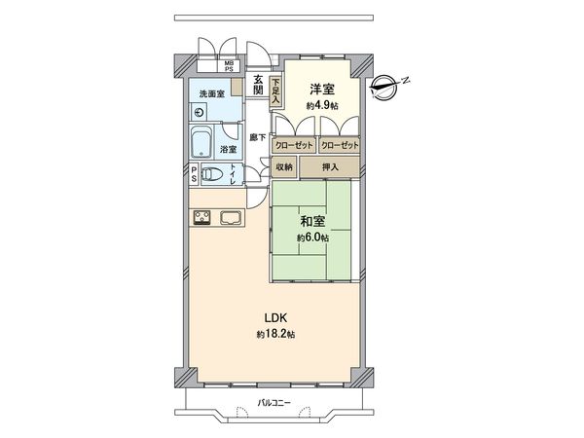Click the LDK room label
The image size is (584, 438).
tap(276, 316)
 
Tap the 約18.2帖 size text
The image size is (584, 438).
tap(276, 334)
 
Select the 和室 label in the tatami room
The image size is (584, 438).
tap(311, 221)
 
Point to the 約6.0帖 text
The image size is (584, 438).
tap(312, 237)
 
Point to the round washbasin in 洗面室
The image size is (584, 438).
tap(199, 112)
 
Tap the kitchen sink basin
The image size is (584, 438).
tap(231, 217)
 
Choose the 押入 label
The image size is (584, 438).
tap(331, 167)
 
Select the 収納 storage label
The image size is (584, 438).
tap(283, 167)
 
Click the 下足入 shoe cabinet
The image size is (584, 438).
tap(276, 91)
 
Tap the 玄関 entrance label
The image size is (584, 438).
tap(259, 85)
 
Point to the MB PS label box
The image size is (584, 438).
tap(230, 66)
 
